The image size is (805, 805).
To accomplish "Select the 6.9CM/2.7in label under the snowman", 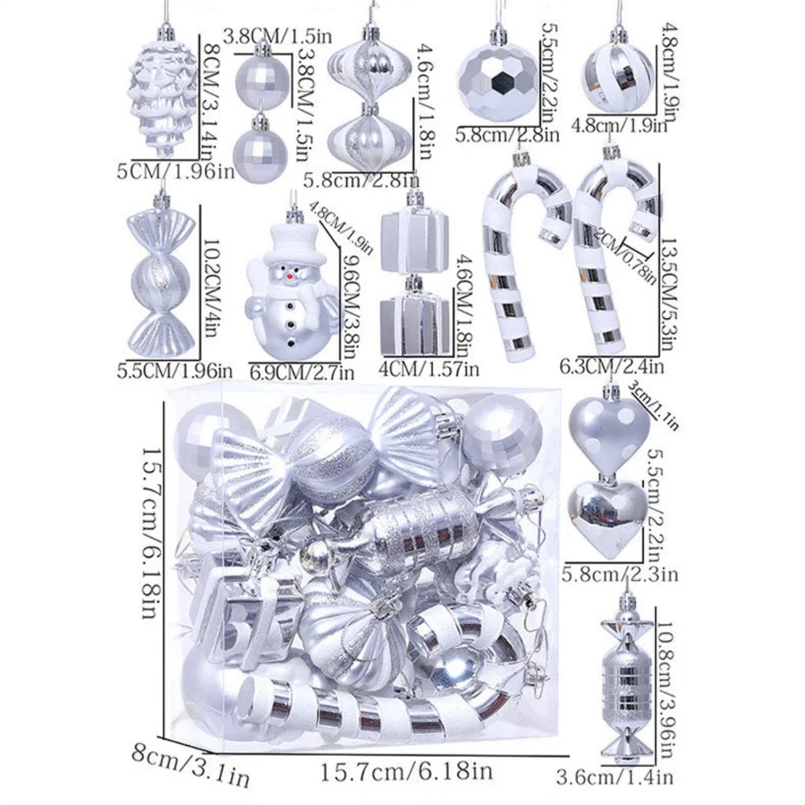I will pos(301,372).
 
